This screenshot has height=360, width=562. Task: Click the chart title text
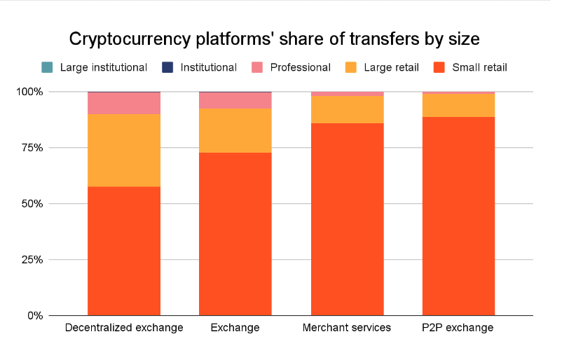(274, 39)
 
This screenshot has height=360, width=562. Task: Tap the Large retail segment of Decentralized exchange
(124, 150)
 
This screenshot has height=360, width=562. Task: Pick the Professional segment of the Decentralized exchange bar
(124, 103)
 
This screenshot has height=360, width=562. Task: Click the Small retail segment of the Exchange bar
(235, 234)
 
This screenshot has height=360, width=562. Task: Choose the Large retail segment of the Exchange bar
(235, 130)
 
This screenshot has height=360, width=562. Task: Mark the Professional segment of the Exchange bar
(235, 100)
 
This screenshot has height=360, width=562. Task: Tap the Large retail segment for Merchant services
(347, 109)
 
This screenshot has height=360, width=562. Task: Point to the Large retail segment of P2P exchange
(458, 105)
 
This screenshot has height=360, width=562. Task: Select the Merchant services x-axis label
(347, 328)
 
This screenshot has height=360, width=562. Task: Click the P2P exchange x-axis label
(458, 328)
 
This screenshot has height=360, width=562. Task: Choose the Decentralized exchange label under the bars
(124, 328)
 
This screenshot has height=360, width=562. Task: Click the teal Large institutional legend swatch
(47, 68)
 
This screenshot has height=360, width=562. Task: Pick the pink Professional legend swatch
(257, 68)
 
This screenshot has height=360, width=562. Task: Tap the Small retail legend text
(479, 68)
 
